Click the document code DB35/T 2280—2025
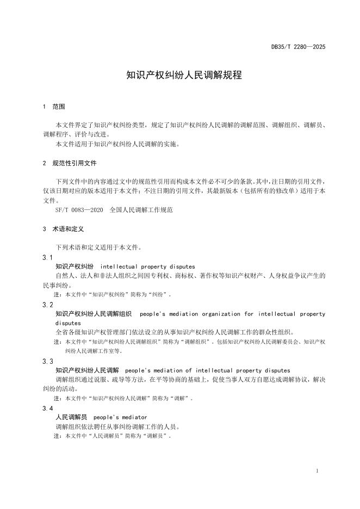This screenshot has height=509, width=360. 298,47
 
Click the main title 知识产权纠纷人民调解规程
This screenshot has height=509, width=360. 180,76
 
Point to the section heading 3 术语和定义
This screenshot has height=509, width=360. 64,229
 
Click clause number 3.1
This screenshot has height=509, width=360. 47,257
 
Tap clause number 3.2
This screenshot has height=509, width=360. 47,305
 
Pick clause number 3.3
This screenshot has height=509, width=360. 47,361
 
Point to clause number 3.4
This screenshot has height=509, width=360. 47,408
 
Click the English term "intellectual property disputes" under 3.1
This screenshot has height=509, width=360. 148,266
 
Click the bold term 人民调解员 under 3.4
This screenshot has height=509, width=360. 71,417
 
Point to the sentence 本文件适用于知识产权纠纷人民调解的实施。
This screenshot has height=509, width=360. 117,144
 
